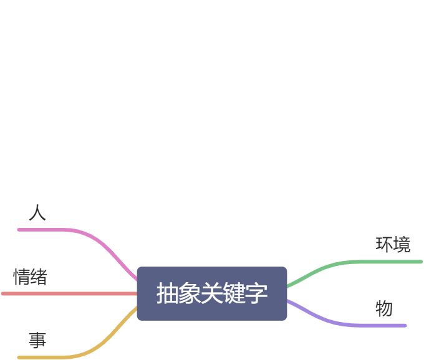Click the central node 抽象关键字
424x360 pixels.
point(212,293)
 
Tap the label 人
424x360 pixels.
point(37,213)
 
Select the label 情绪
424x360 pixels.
point(30,277)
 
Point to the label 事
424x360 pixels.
point(37,341)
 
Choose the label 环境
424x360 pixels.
point(393,244)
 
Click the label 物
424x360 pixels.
point(384,308)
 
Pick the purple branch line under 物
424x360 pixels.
point(374,325)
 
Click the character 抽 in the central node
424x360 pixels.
point(166,293)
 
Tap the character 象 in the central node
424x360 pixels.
point(190,293)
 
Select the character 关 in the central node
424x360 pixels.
point(212,293)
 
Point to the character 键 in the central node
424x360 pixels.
point(234,293)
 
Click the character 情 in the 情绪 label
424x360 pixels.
point(22,277)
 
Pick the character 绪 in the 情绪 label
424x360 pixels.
point(39,277)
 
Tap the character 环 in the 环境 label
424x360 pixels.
point(384,244)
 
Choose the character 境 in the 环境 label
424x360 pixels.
point(402,244)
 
